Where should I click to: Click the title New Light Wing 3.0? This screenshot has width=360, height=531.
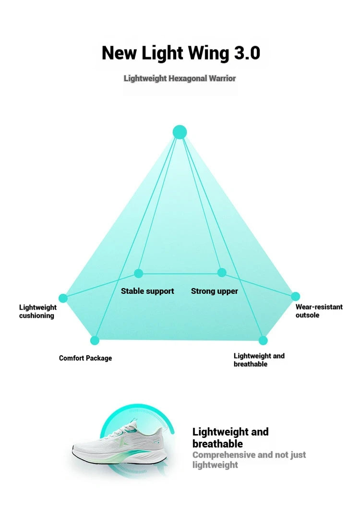(181, 53)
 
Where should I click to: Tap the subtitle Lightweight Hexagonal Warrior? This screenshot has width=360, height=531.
(180, 79)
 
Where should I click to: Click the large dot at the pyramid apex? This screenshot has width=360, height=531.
(180, 132)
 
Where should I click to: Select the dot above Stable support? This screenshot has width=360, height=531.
(139, 273)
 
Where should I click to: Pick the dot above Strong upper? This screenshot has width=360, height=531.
(222, 272)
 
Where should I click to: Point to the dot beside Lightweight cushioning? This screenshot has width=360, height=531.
(63, 298)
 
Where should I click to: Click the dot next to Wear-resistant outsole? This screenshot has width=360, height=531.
(295, 296)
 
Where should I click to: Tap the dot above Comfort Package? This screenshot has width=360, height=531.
(95, 340)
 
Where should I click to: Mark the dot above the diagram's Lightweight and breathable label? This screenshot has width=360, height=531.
(263, 340)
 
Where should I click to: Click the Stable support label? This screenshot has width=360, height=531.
(147, 291)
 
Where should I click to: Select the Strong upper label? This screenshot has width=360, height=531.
(215, 291)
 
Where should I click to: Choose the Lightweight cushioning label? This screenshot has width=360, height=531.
(38, 312)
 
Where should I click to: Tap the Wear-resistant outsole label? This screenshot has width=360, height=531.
(319, 311)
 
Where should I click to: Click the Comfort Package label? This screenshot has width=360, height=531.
(85, 358)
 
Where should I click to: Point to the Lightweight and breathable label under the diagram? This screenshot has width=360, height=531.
(259, 360)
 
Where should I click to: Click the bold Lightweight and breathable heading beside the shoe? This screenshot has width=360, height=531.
(230, 437)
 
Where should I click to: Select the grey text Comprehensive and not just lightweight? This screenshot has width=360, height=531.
(249, 460)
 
